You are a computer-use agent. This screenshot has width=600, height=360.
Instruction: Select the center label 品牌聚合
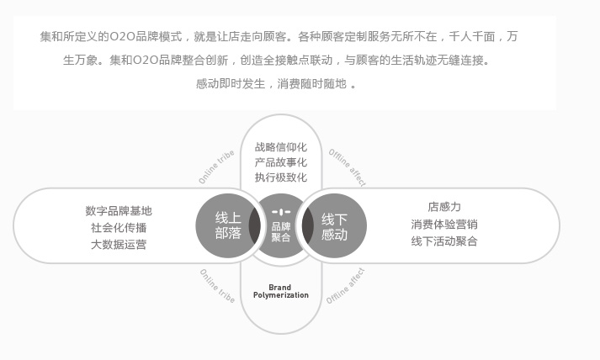pos(281,232)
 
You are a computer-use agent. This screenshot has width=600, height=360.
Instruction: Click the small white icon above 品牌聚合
pos(281,212)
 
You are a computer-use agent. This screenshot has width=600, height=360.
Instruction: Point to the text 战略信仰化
pos(281,147)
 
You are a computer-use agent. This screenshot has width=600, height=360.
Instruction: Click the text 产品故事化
pos(281,162)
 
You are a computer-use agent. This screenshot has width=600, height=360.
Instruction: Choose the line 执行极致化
pos(281,177)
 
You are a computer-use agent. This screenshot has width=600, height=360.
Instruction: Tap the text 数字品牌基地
pos(119,211)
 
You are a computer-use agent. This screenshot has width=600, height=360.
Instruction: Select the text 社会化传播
pos(119,228)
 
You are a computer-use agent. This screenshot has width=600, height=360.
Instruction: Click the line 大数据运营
pos(119,245)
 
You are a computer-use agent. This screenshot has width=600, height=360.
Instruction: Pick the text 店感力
pos(444,207)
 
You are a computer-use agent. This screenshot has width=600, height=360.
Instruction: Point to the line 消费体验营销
pos(444,225)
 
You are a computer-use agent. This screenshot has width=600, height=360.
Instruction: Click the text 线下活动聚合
pos(444,241)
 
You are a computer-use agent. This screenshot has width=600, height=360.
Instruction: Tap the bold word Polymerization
pos(281,295)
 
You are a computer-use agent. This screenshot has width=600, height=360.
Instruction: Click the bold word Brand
pos(279,288)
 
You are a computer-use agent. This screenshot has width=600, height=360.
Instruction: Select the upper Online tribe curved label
pos(216,167)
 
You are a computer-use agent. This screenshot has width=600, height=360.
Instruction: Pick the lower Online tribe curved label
pos(217,286)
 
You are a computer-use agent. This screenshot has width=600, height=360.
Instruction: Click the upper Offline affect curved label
pos(348,167)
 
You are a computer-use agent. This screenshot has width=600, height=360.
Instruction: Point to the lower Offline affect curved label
pos(346,286)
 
